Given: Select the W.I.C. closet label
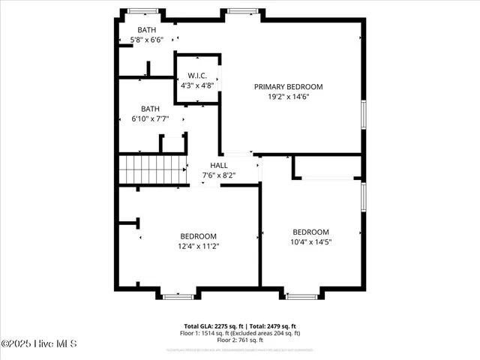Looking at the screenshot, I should [x=197, y=75].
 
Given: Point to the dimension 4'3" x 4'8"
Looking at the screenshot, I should [x=197, y=85].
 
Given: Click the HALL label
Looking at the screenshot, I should [x=218, y=165].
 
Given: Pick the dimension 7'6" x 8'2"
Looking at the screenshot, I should [x=218, y=175].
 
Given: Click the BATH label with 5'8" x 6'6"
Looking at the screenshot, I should [x=147, y=30].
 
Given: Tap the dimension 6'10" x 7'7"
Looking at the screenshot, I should [x=150, y=118].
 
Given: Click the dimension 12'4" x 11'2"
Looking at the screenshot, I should [x=198, y=246].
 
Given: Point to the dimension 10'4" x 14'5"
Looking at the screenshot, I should [x=310, y=242].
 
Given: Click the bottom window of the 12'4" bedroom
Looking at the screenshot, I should [x=178, y=296].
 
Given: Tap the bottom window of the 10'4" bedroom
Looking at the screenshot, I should [x=303, y=296].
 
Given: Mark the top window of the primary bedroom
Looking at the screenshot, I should [x=241, y=10].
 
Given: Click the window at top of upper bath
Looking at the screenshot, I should [x=142, y=10].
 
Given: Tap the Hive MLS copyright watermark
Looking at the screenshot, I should [x=39, y=344].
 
